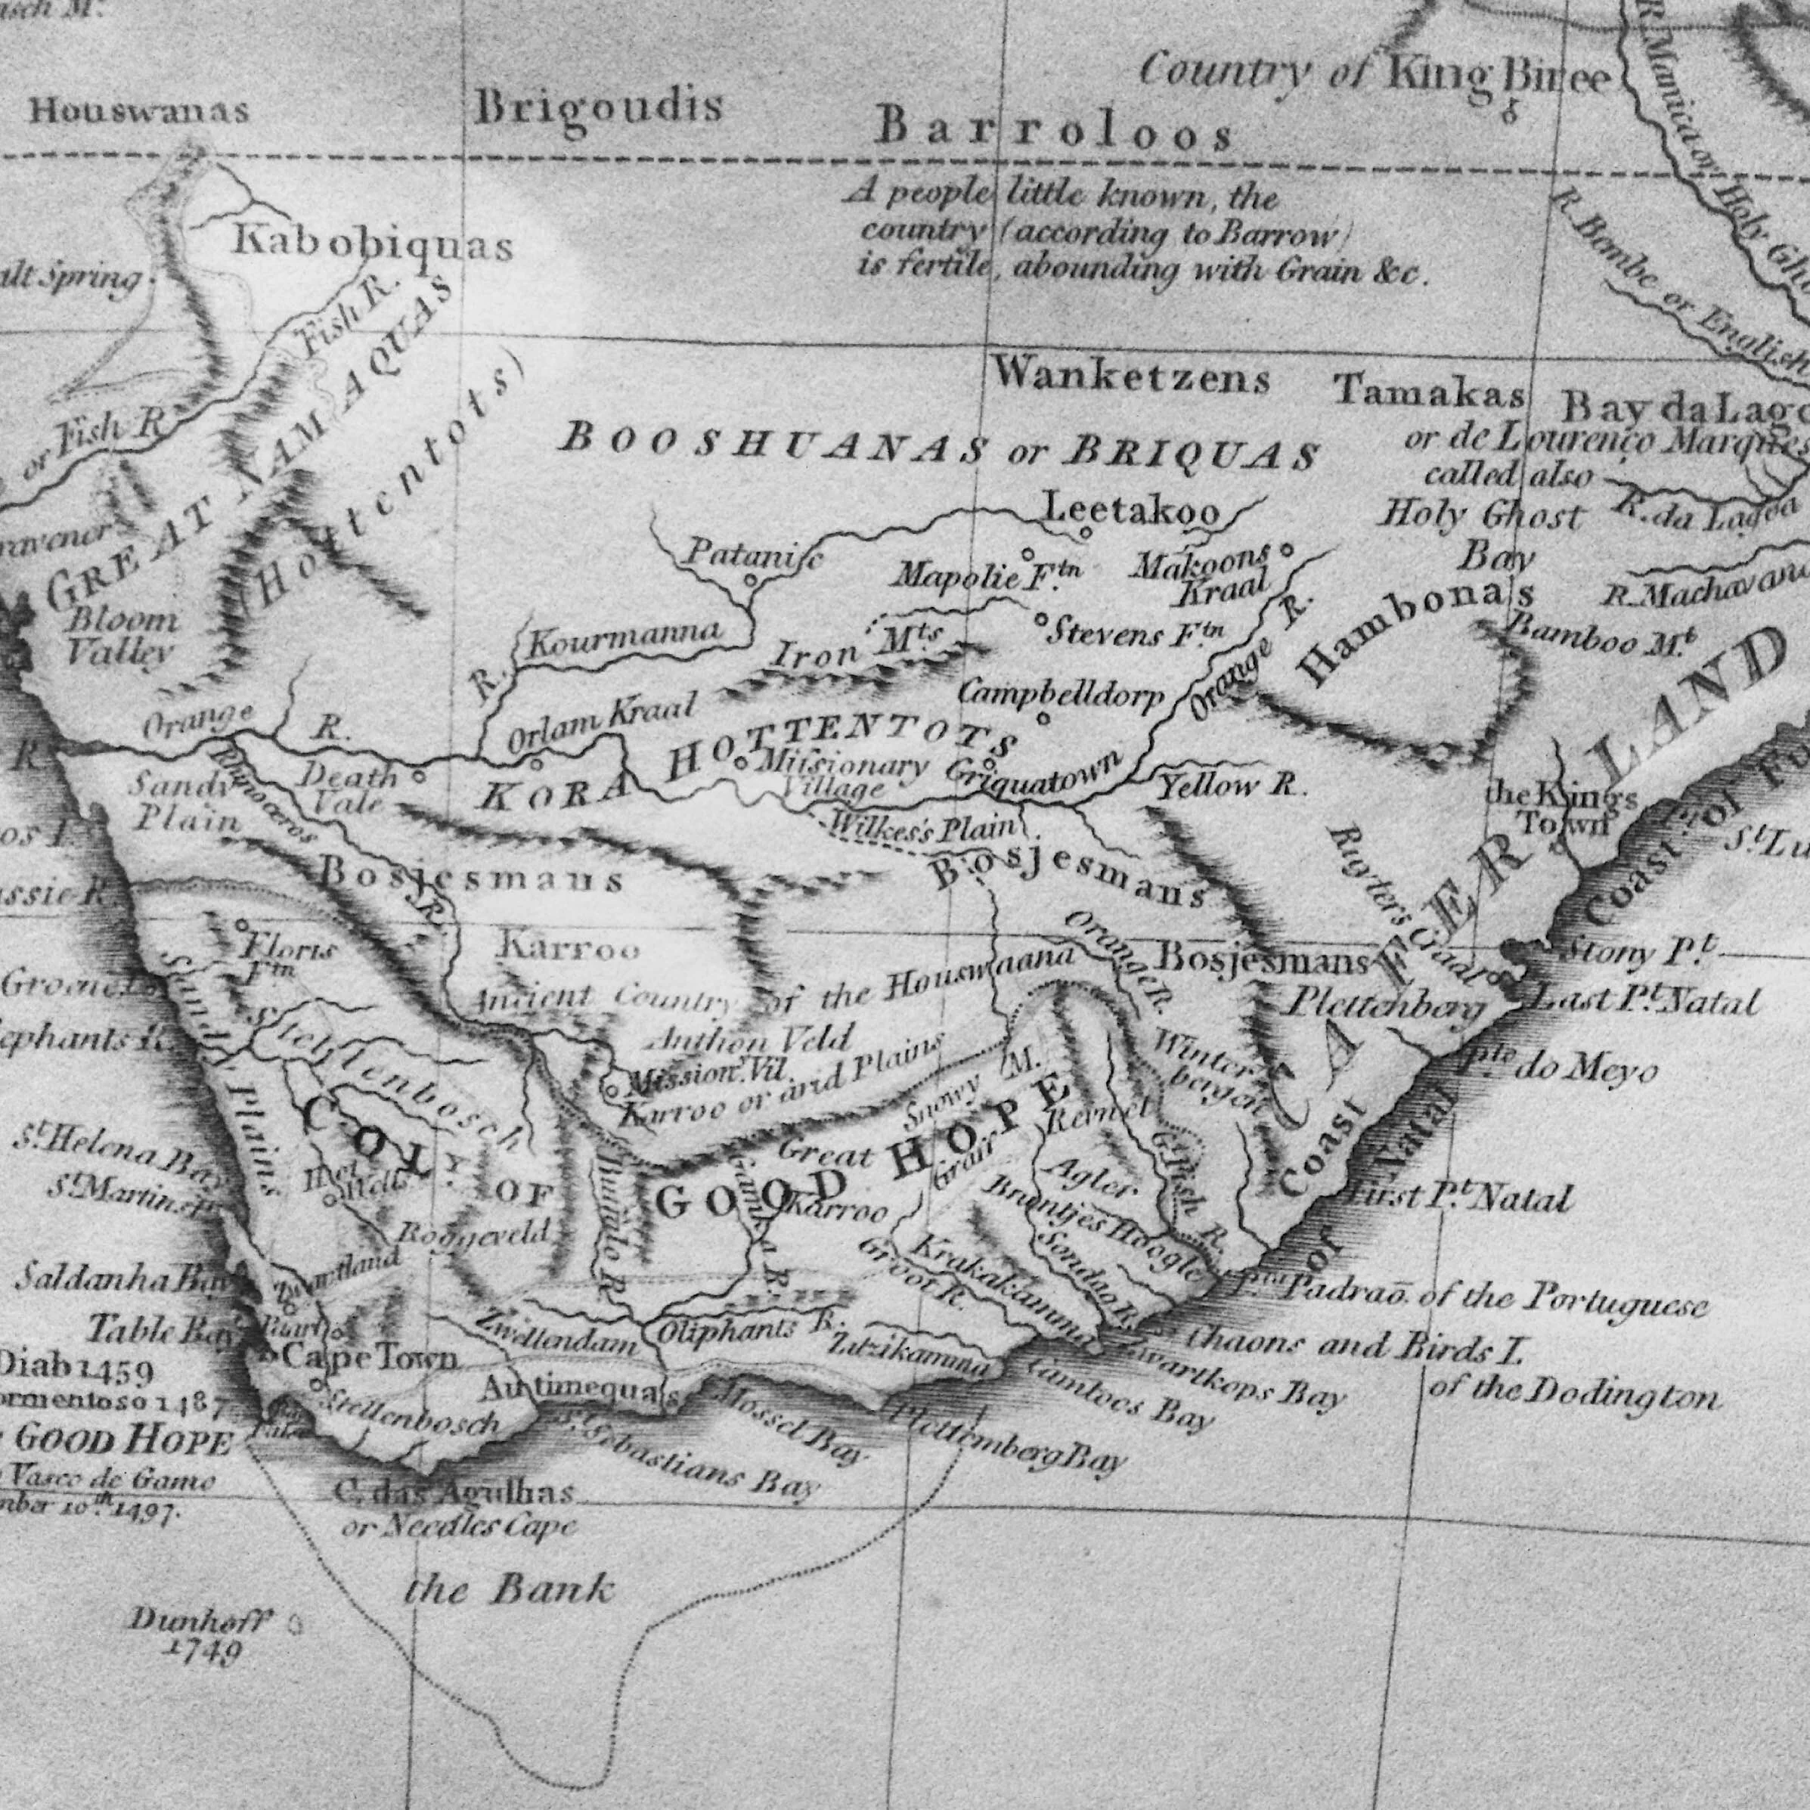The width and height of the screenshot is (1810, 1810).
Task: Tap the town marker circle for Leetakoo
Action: coord(1086,533)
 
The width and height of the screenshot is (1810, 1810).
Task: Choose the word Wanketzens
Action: coord(1131,377)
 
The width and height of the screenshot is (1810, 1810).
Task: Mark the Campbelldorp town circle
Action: coord(1043,721)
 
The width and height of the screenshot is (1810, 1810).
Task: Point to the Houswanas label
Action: coord(138,111)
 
